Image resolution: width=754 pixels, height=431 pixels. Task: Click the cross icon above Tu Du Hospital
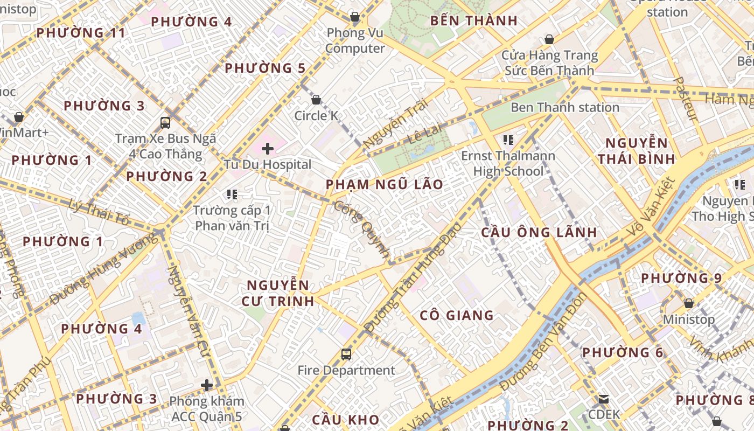[268, 148]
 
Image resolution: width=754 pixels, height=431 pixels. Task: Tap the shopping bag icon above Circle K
[316, 100]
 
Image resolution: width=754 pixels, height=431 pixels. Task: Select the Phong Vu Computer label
[355, 41]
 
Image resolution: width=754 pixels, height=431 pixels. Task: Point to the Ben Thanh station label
[564, 107]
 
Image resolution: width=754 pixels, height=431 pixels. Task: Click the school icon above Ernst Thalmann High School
[508, 140]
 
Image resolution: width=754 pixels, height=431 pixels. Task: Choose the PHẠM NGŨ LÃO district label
[385, 185]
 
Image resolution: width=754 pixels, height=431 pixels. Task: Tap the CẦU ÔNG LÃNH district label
[539, 233]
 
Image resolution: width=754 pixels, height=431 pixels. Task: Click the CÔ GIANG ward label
[456, 315]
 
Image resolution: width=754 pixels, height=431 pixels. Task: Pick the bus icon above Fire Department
[346, 354]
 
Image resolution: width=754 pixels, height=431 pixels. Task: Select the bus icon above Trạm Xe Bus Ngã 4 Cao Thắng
[165, 122]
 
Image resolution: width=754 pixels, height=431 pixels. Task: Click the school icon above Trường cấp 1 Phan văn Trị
[232, 194]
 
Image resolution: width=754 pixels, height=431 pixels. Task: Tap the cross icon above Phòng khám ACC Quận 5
[207, 385]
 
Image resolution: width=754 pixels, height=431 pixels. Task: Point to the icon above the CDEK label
[604, 399]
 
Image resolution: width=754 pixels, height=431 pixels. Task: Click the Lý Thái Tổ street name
[100, 211]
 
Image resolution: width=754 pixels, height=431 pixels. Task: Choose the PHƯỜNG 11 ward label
[81, 33]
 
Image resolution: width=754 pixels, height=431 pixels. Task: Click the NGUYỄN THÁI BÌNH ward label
[636, 151]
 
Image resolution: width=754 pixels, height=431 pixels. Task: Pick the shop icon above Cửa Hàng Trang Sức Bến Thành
[549, 39]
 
